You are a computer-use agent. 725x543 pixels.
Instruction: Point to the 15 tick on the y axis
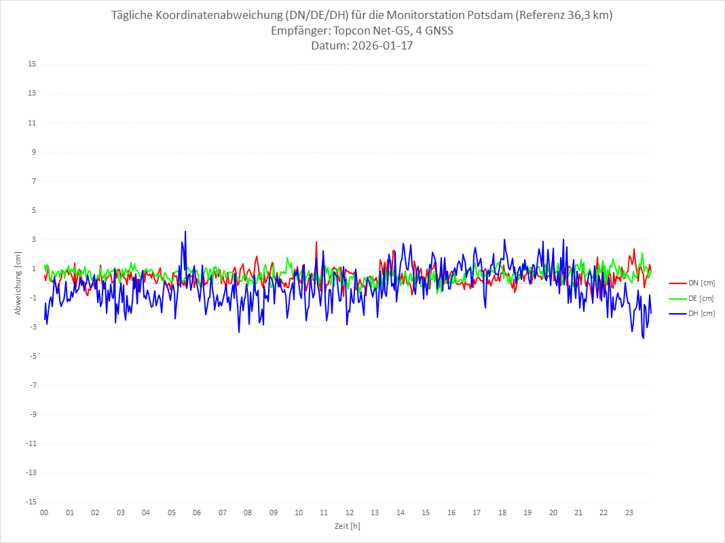point(32,64)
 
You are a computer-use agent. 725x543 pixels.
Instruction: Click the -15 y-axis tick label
point(31,502)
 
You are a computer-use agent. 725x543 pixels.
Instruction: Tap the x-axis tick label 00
point(44,512)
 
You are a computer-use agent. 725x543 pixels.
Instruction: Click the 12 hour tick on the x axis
point(350,512)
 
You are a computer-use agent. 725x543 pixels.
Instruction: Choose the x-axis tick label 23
point(629,512)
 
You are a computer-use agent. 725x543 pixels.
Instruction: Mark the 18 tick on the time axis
point(502,512)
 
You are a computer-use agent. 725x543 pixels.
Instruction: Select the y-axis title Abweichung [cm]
point(18,283)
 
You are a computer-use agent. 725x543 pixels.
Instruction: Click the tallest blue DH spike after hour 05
point(185,231)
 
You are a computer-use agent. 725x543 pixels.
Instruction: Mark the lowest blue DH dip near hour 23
point(643,338)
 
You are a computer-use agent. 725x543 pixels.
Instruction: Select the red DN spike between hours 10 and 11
point(316,242)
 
